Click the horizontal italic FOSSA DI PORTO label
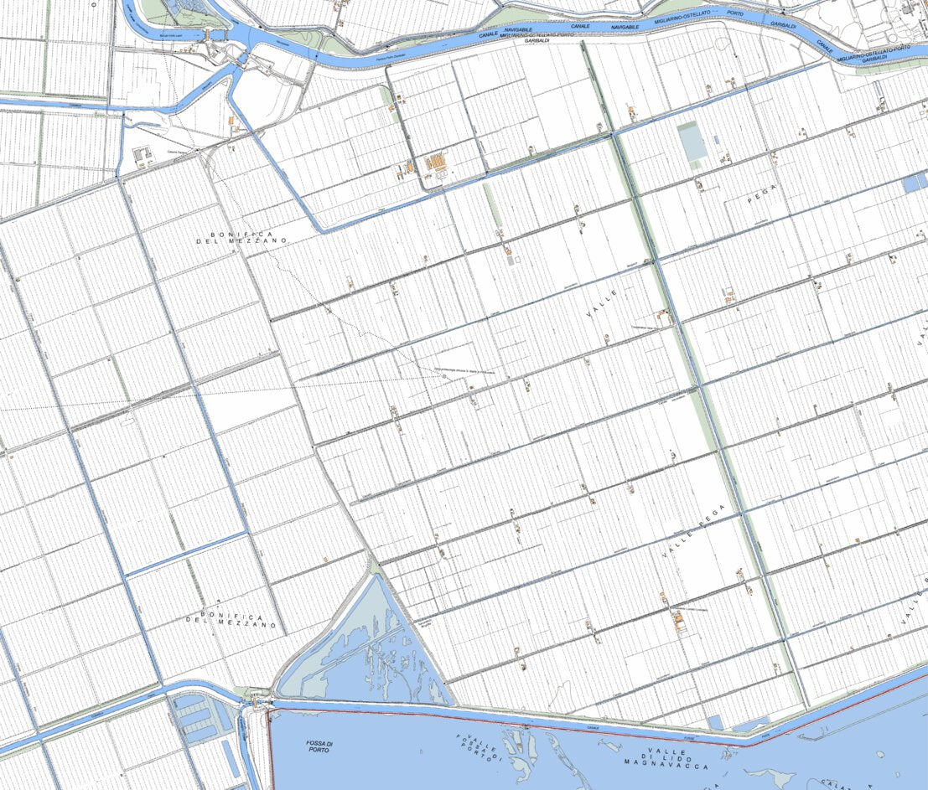click(x=319, y=745)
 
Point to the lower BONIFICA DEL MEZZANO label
click(x=231, y=619)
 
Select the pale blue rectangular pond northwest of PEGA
click(x=692, y=142)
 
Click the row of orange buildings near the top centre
click(x=435, y=162)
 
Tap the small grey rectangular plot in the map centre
click(x=511, y=261)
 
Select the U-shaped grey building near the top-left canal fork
click(x=139, y=157)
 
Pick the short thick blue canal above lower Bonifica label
click(x=187, y=554)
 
